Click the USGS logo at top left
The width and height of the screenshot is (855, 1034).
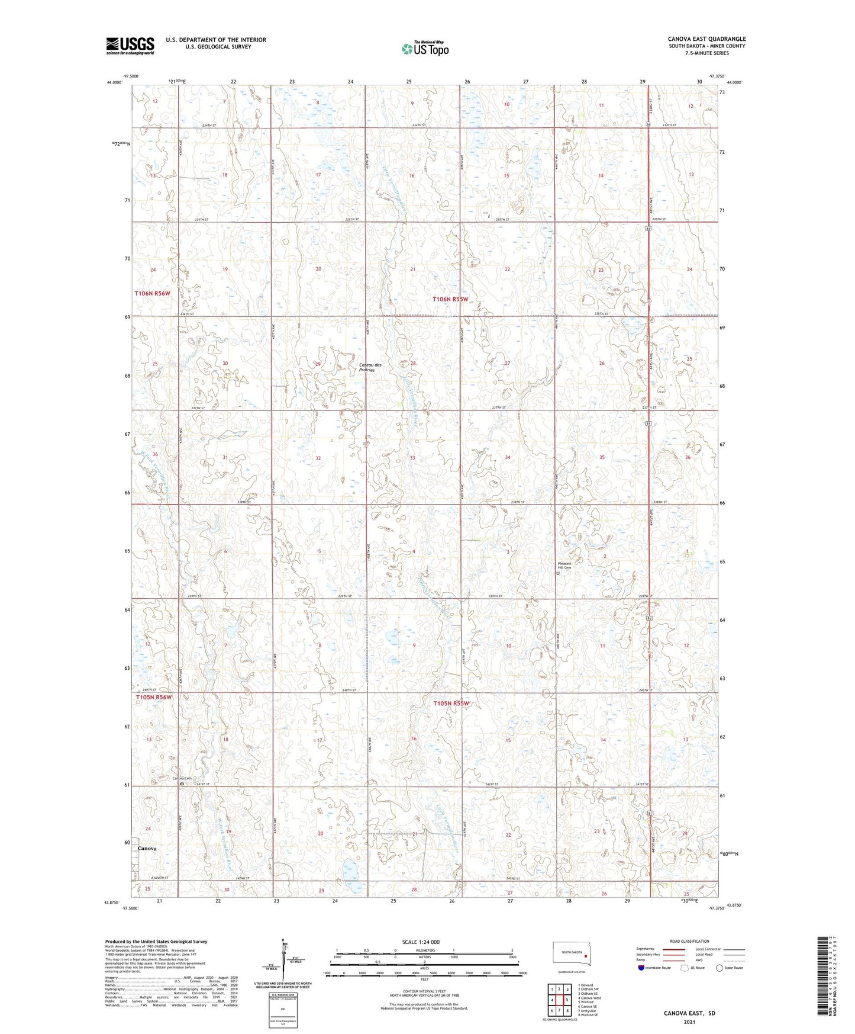(x=130, y=45)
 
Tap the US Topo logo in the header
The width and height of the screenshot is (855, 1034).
(x=425, y=49)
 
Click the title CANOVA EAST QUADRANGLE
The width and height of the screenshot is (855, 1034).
(x=706, y=39)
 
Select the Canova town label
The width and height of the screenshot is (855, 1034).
(x=147, y=848)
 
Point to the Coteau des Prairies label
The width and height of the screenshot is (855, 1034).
(x=370, y=367)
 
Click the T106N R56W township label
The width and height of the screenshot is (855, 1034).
(x=152, y=293)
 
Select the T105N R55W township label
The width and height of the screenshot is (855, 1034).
(x=451, y=704)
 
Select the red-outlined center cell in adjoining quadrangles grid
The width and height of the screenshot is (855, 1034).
(x=559, y=1000)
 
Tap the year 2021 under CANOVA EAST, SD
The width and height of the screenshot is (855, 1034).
(x=689, y=1022)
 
